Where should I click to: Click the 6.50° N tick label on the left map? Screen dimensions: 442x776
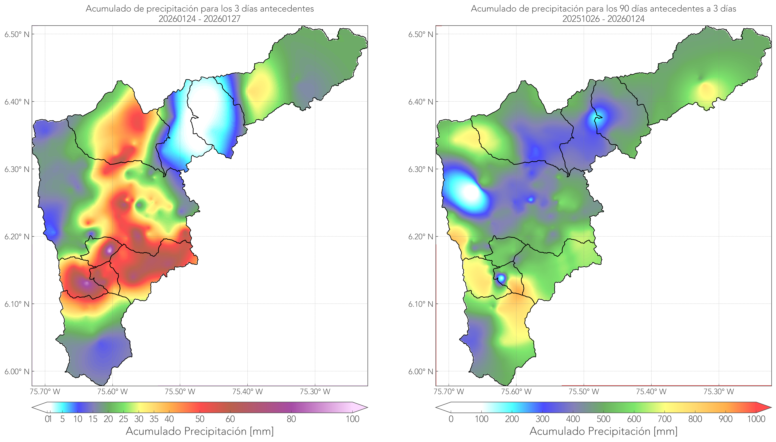17,34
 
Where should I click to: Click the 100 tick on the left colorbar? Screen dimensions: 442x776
352,419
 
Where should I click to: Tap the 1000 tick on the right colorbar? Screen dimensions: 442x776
756,419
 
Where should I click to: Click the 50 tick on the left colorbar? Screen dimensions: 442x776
200,419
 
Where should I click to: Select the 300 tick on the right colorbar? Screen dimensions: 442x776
542,419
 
